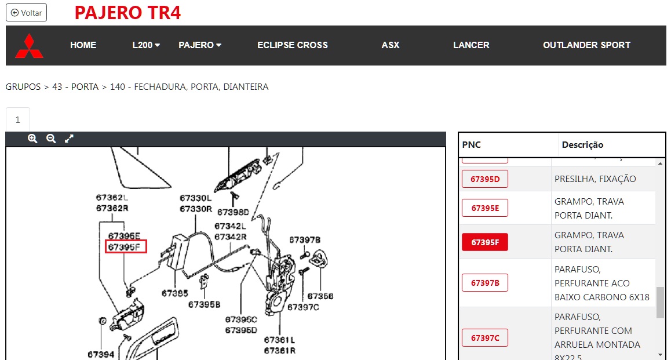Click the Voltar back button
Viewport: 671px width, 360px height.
tap(26, 13)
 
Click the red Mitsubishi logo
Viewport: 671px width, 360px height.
tap(29, 46)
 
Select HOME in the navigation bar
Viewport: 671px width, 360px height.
tap(83, 45)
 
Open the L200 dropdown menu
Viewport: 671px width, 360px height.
tap(146, 45)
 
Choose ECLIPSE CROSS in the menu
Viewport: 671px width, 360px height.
tap(293, 45)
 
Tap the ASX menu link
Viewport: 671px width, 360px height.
tap(391, 45)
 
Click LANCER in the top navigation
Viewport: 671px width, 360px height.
tap(471, 45)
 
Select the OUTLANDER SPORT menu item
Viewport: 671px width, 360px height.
tap(587, 45)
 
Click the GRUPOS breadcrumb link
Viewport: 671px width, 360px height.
tap(23, 87)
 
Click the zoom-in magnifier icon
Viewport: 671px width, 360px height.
tap(32, 139)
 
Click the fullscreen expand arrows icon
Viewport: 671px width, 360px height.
tap(69, 139)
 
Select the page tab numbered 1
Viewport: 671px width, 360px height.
tap(17, 119)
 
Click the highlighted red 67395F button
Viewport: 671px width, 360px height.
tap(485, 242)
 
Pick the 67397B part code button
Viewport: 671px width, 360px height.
tap(485, 283)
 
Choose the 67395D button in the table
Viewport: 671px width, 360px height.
tap(485, 179)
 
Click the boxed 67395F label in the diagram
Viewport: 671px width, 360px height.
tap(126, 246)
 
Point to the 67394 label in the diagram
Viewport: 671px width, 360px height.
tap(101, 354)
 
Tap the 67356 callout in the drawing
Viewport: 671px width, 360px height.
tap(320, 296)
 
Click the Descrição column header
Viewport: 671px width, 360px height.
tap(582, 145)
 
